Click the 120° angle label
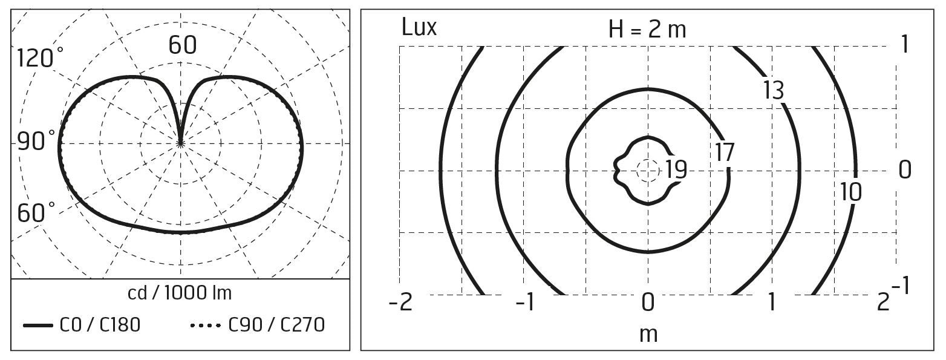[40, 58]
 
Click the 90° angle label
[36, 141]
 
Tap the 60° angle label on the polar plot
[36, 212]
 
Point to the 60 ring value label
[183, 45]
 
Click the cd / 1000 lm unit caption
[180, 293]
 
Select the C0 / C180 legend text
[100, 325]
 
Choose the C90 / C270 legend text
[276, 325]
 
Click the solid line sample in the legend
[38, 326]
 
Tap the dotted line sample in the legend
[206, 326]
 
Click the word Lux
[419, 27]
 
